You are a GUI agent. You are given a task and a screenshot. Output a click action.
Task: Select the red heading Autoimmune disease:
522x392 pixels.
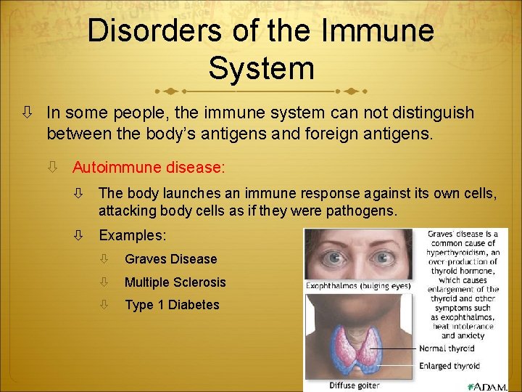click(149, 167)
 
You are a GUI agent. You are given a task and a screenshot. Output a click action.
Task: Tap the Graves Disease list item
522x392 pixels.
click(170, 259)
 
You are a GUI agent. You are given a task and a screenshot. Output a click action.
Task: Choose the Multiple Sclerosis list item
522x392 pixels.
click(175, 282)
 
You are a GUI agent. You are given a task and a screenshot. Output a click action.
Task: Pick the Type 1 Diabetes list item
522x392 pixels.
click(172, 305)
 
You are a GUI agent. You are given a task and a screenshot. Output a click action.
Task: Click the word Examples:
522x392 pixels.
click(133, 236)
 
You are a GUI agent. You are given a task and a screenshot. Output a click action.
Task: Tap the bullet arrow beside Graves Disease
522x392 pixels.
click(104, 259)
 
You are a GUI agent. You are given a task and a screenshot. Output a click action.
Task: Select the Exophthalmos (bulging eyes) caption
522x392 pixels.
click(358, 285)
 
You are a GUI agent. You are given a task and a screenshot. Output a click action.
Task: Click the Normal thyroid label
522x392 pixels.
click(446, 348)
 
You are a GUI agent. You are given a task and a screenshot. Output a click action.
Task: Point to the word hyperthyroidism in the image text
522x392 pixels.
click(463, 252)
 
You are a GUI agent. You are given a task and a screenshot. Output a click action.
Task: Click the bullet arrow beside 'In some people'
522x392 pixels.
click(25, 113)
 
